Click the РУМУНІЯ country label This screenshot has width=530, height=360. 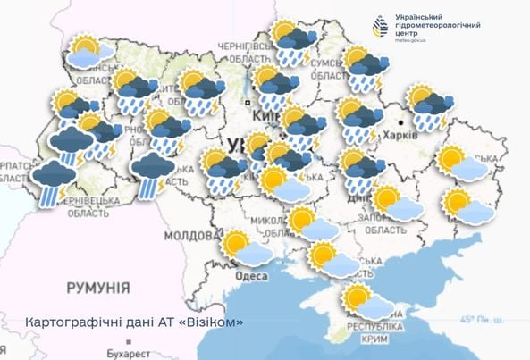[x=98, y=288]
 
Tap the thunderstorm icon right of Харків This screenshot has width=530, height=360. [x=431, y=107]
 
